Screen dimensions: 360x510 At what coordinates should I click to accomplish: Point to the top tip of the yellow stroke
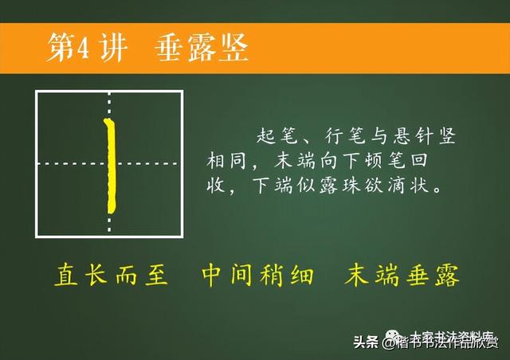coord(108,119)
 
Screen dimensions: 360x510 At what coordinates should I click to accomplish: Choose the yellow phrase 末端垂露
coord(403,276)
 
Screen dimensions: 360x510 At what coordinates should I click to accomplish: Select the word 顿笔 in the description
coord(402,162)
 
